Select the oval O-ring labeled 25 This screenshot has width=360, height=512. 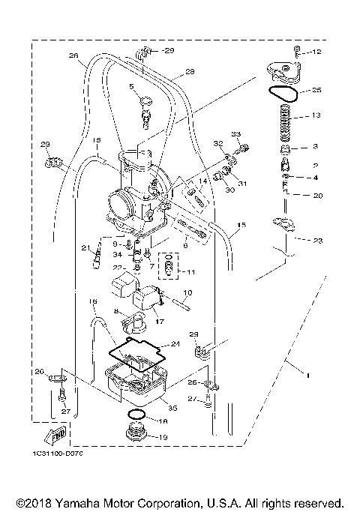point(284,93)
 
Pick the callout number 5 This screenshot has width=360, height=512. point(131,87)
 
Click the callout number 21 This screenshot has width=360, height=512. point(85,248)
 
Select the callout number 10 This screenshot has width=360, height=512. point(187,292)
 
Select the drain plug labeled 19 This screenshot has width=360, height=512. point(137,434)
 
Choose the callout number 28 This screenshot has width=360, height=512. point(189,72)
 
